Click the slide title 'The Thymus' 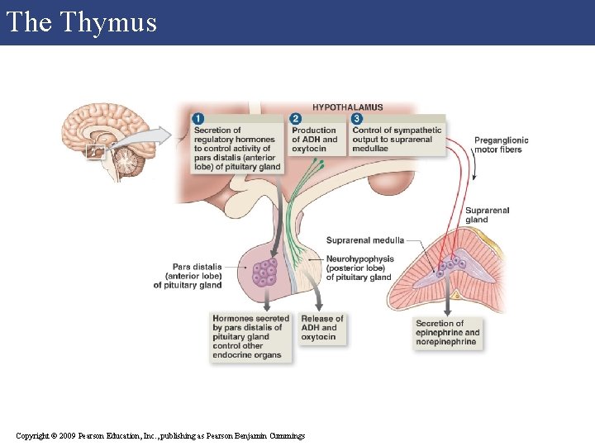point(81,22)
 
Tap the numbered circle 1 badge point(198,119)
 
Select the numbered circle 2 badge point(296,119)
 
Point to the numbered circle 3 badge point(356,119)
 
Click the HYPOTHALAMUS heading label point(347,107)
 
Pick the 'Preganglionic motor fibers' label point(501,145)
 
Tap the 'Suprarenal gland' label point(488,215)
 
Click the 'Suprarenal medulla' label point(364,240)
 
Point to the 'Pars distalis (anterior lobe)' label point(188,276)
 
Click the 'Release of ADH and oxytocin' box point(321,328)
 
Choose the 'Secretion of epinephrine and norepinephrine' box point(447,333)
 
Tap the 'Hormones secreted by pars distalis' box point(250,337)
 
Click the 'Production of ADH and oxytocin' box point(314,140)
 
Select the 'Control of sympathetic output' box point(397,140)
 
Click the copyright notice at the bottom point(160,435)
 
